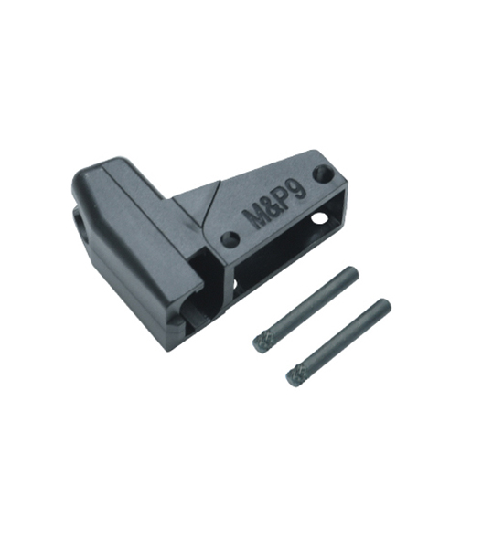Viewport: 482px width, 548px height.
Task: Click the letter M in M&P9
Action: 255,218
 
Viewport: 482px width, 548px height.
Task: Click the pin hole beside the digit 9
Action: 322,174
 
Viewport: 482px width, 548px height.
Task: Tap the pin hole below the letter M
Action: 230,239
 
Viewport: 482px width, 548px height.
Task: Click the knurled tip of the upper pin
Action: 260,342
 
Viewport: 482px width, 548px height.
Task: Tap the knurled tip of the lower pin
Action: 294,376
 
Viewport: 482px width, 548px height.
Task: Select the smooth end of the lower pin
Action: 385,305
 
